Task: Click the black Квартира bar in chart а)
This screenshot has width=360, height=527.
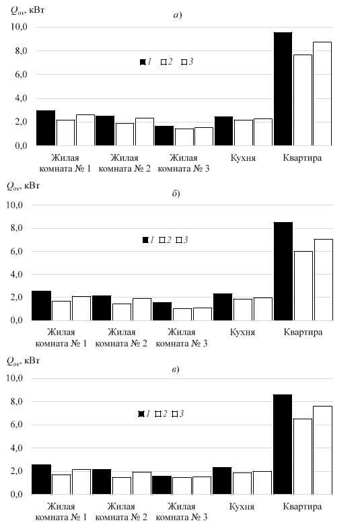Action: tap(283, 89)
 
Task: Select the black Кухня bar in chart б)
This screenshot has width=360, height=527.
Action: tap(223, 307)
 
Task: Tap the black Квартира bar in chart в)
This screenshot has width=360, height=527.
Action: tap(283, 444)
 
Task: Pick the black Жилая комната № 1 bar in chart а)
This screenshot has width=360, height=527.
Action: tap(46, 128)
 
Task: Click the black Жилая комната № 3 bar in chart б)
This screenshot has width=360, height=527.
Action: tap(162, 311)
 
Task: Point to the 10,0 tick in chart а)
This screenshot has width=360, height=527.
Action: tap(19, 26)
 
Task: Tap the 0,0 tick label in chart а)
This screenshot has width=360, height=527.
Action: tap(19, 145)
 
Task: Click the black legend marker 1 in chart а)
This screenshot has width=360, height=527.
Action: tap(143, 62)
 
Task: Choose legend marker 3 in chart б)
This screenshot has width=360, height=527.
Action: tap(179, 240)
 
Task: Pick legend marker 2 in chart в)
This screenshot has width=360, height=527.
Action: tap(158, 414)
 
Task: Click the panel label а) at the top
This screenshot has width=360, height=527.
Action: tap(178, 15)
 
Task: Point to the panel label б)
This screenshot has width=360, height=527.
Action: tap(176, 194)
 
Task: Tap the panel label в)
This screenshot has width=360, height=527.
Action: tap(176, 370)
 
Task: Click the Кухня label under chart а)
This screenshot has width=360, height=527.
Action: tap(243, 157)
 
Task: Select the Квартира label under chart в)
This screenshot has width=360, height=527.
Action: tap(302, 506)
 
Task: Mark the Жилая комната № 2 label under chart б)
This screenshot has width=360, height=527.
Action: tap(121, 337)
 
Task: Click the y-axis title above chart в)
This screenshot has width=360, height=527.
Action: tap(23, 361)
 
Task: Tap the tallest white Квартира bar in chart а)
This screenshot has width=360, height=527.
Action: tap(322, 94)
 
